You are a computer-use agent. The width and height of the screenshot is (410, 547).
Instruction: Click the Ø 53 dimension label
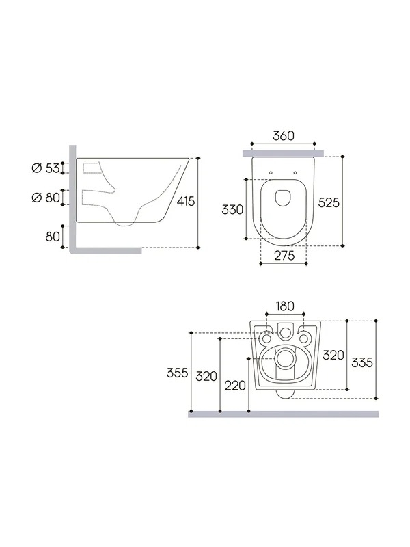(46, 168)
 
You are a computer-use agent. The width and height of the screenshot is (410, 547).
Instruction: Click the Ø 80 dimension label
(46, 198)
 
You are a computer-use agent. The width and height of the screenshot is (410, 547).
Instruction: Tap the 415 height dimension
(186, 201)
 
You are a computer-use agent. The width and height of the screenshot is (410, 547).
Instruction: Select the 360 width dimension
(284, 135)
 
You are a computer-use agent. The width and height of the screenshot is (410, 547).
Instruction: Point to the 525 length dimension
(329, 202)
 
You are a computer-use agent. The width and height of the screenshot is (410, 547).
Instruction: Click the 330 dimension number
(232, 209)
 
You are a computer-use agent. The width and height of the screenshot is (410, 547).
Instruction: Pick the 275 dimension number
(284, 255)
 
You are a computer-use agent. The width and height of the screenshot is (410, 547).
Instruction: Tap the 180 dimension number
(285, 306)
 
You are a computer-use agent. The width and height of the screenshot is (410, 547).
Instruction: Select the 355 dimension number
(178, 373)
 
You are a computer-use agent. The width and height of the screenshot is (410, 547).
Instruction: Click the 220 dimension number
(235, 386)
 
